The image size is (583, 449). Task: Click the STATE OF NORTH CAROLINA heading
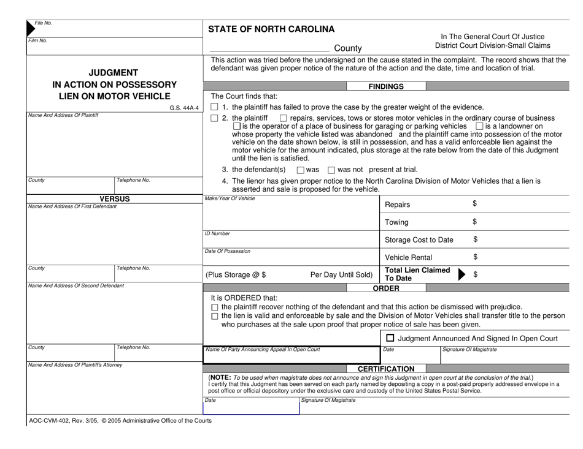[x=271, y=29]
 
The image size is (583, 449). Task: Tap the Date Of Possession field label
[x=228, y=251]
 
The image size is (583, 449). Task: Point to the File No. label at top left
[x=44, y=23]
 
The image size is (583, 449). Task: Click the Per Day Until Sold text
[x=342, y=274]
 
